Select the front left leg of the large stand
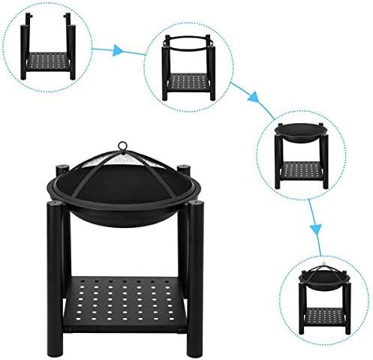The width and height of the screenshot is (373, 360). point(56,285)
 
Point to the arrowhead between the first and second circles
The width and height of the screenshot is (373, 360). point(117,51)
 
